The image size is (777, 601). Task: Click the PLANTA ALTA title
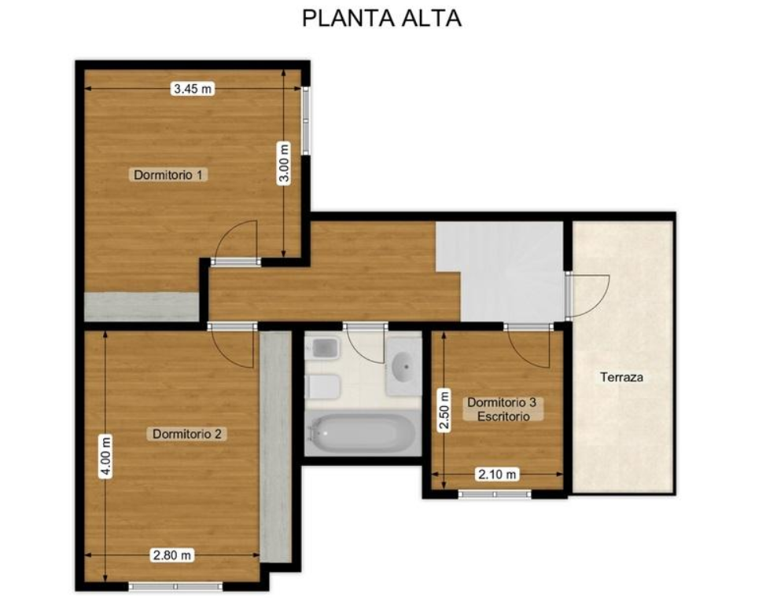[x=381, y=18]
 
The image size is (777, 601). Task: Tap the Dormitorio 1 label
[x=168, y=174]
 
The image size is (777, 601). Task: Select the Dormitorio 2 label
[x=187, y=434]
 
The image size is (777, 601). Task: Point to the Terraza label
[x=622, y=377]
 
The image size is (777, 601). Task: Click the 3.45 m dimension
[x=193, y=89]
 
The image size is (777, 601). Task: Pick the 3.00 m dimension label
[x=284, y=163]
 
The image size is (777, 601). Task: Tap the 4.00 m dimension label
[x=105, y=456]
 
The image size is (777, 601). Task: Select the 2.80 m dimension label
[x=171, y=555]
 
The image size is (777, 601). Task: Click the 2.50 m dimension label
[x=444, y=411]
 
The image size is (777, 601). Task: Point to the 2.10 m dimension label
[x=497, y=475]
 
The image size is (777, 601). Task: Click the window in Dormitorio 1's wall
[x=306, y=121]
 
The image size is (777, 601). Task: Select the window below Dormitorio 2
[x=175, y=587]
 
